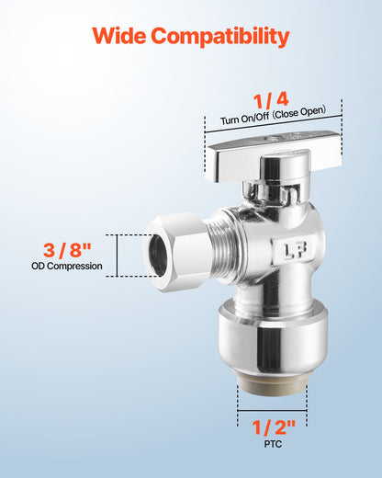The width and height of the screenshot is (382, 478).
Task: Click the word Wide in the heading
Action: click(121, 38)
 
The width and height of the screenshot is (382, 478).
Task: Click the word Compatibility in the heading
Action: click(220, 38)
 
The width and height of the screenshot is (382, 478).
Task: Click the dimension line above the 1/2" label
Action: click(273, 410)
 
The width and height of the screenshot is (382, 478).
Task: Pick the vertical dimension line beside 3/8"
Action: click(118, 255)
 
